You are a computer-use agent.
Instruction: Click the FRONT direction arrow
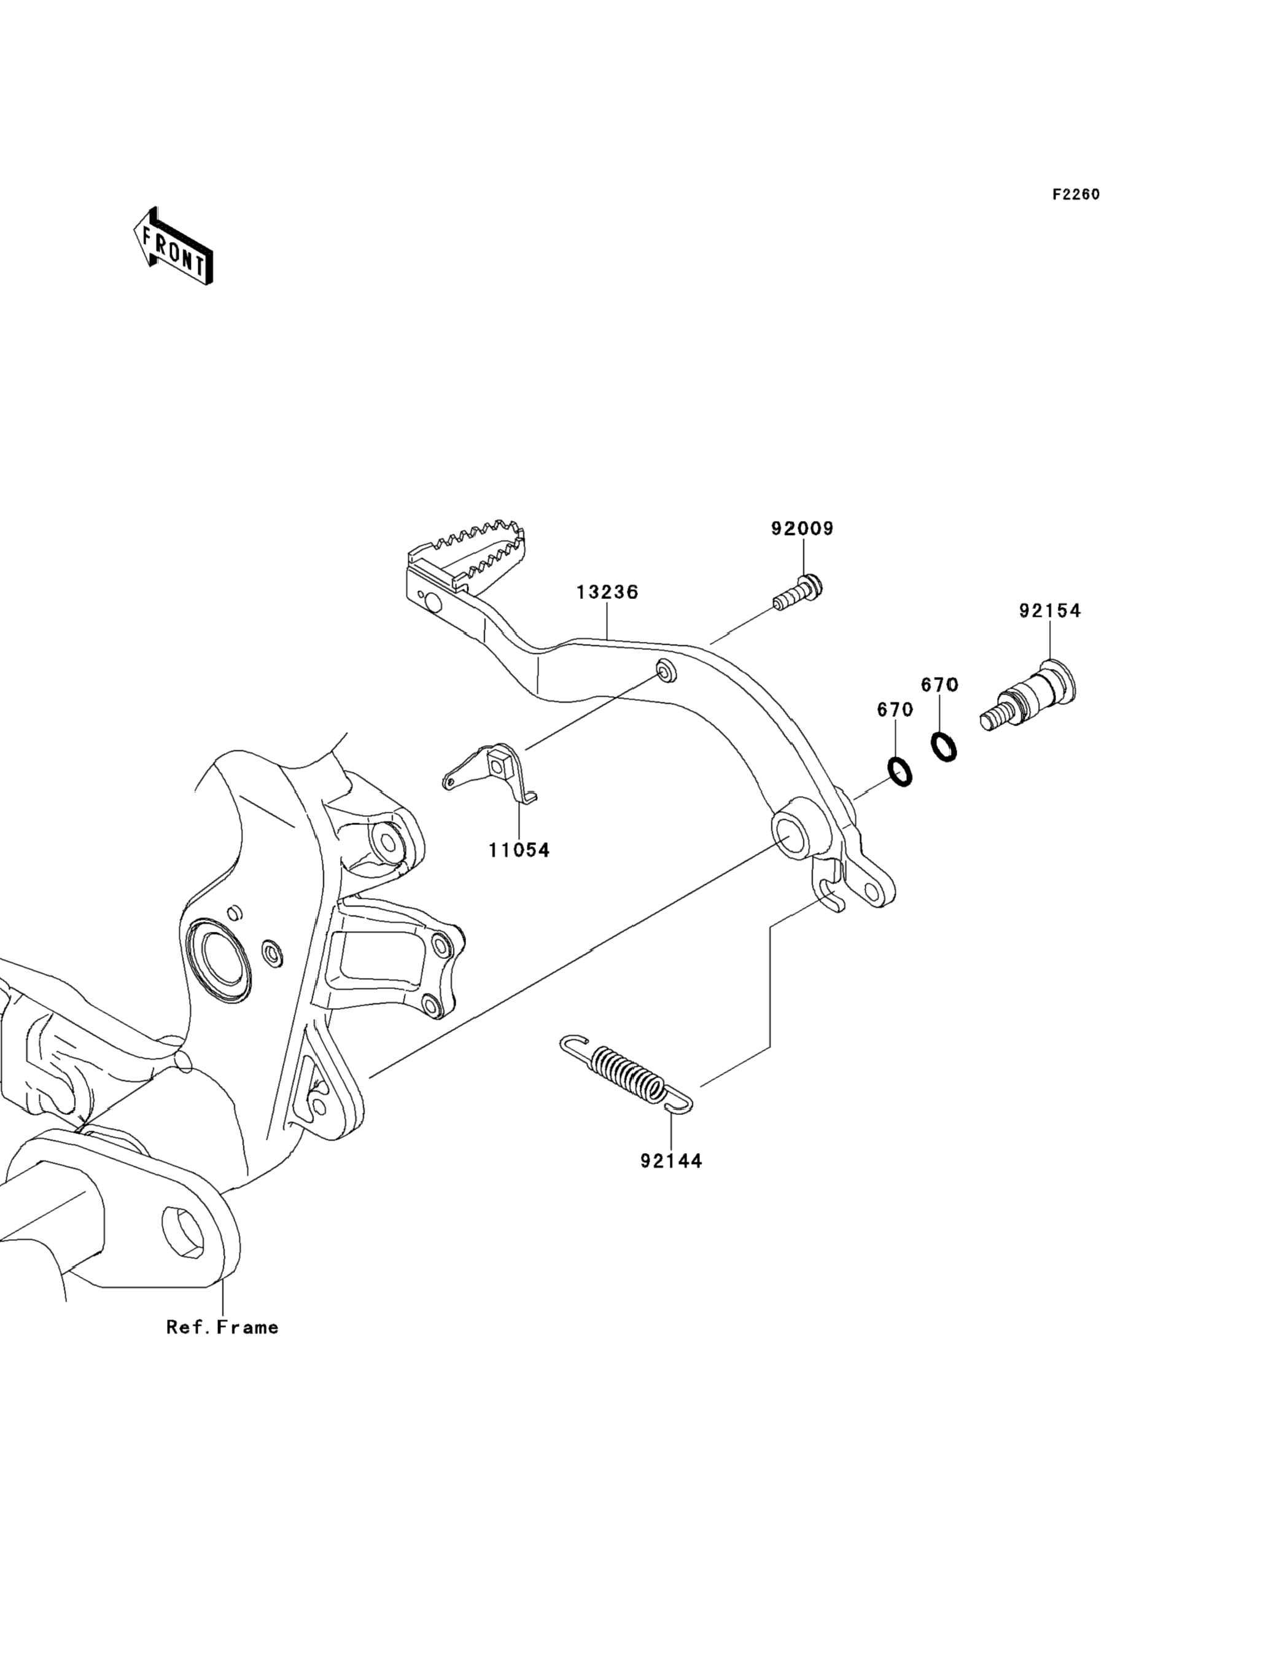[x=173, y=246]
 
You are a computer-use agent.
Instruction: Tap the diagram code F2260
[x=1076, y=195]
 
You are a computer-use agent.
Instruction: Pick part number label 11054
[x=519, y=850]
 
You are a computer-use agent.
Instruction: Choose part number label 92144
[x=672, y=1161]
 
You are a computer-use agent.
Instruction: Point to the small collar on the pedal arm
[x=666, y=670]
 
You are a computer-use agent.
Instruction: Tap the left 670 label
[x=895, y=710]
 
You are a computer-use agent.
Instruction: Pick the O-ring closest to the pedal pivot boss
[x=901, y=772]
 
